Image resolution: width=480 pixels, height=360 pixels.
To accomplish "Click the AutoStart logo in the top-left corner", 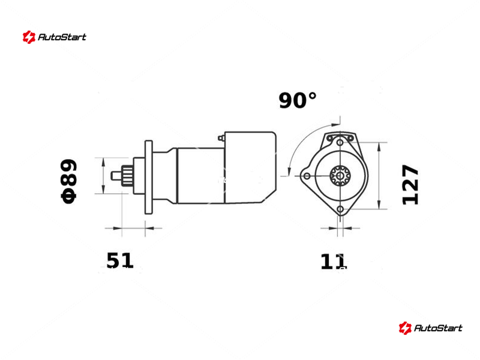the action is [x=55, y=37].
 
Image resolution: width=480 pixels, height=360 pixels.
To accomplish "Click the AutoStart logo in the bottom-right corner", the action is [x=430, y=328].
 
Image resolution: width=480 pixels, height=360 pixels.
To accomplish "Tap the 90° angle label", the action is [x=297, y=100].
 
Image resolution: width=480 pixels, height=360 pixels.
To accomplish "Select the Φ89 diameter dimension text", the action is [x=69, y=181].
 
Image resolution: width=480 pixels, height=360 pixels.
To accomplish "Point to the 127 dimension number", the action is [x=410, y=185].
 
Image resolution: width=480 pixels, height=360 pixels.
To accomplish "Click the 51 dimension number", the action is [x=119, y=260].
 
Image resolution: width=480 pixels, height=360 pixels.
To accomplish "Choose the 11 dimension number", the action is [x=333, y=262].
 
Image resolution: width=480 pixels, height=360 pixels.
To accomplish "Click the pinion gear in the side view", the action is [x=127, y=176].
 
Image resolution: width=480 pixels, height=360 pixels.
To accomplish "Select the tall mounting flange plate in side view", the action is [x=149, y=177].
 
